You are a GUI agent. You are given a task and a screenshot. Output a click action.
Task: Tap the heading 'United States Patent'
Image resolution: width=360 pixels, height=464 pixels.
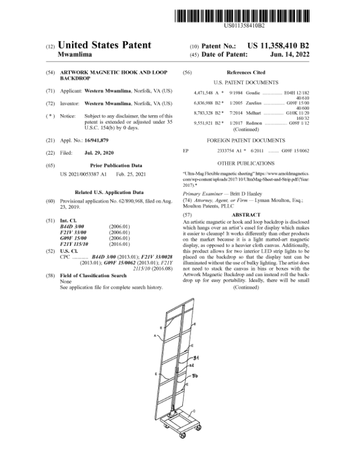[106, 45]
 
